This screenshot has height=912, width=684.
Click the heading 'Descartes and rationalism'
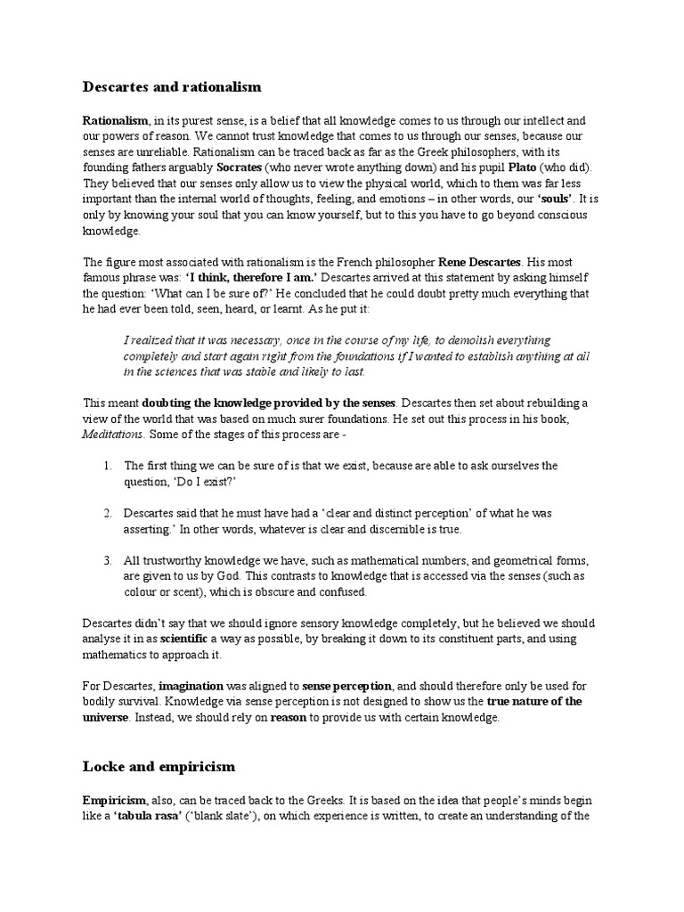(x=172, y=86)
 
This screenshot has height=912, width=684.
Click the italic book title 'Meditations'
(x=113, y=434)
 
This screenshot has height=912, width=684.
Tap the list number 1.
(x=105, y=466)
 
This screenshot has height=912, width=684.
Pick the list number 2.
(x=105, y=514)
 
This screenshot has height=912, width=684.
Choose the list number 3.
(x=105, y=561)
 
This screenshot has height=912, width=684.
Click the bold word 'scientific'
(x=183, y=639)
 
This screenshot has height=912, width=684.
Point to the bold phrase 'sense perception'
(x=346, y=686)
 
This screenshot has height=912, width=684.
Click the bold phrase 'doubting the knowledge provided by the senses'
(x=268, y=403)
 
